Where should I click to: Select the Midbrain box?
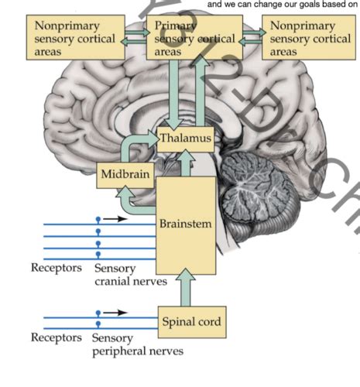[x=124, y=176]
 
